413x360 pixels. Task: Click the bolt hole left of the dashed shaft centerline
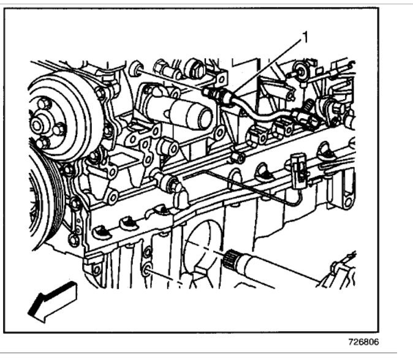pos(148,270)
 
